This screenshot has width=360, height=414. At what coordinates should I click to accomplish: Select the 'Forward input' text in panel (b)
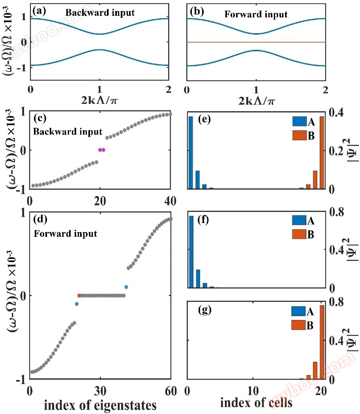point(256,15)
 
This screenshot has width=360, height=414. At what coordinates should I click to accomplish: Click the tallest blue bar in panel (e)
point(191,152)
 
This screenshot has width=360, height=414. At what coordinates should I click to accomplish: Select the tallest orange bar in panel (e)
point(322,152)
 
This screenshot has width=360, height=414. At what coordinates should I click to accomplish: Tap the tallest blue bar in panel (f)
point(191,251)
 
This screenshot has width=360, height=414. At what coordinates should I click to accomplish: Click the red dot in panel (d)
point(79,295)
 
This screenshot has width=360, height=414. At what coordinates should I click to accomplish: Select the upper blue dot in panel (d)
point(126,287)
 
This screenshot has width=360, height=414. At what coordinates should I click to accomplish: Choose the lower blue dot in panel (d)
point(77,304)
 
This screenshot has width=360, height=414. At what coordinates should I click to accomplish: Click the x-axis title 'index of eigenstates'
point(100,405)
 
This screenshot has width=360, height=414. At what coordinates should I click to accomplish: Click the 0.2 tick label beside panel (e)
point(337,151)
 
